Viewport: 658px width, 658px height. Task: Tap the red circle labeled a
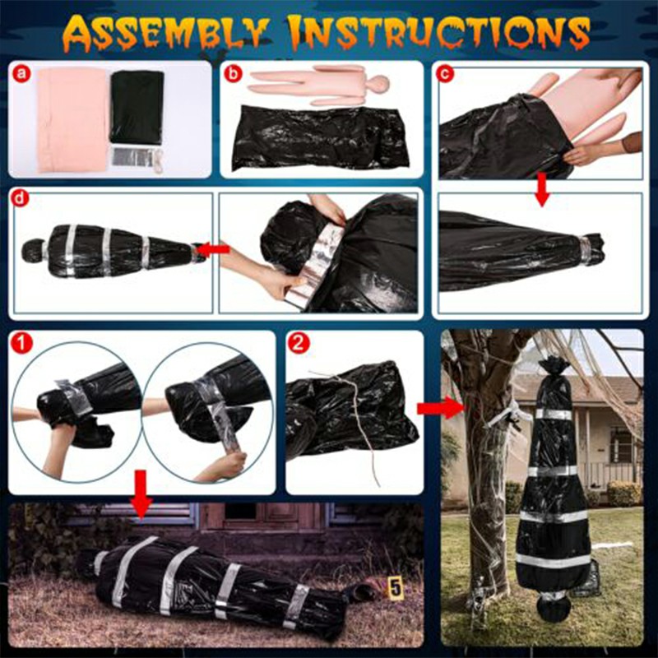point(22,75)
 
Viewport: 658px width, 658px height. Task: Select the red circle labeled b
point(236,75)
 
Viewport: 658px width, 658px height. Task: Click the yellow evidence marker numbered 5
point(396,587)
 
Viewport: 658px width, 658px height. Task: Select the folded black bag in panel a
point(137,107)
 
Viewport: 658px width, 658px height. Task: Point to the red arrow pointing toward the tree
point(429,406)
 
